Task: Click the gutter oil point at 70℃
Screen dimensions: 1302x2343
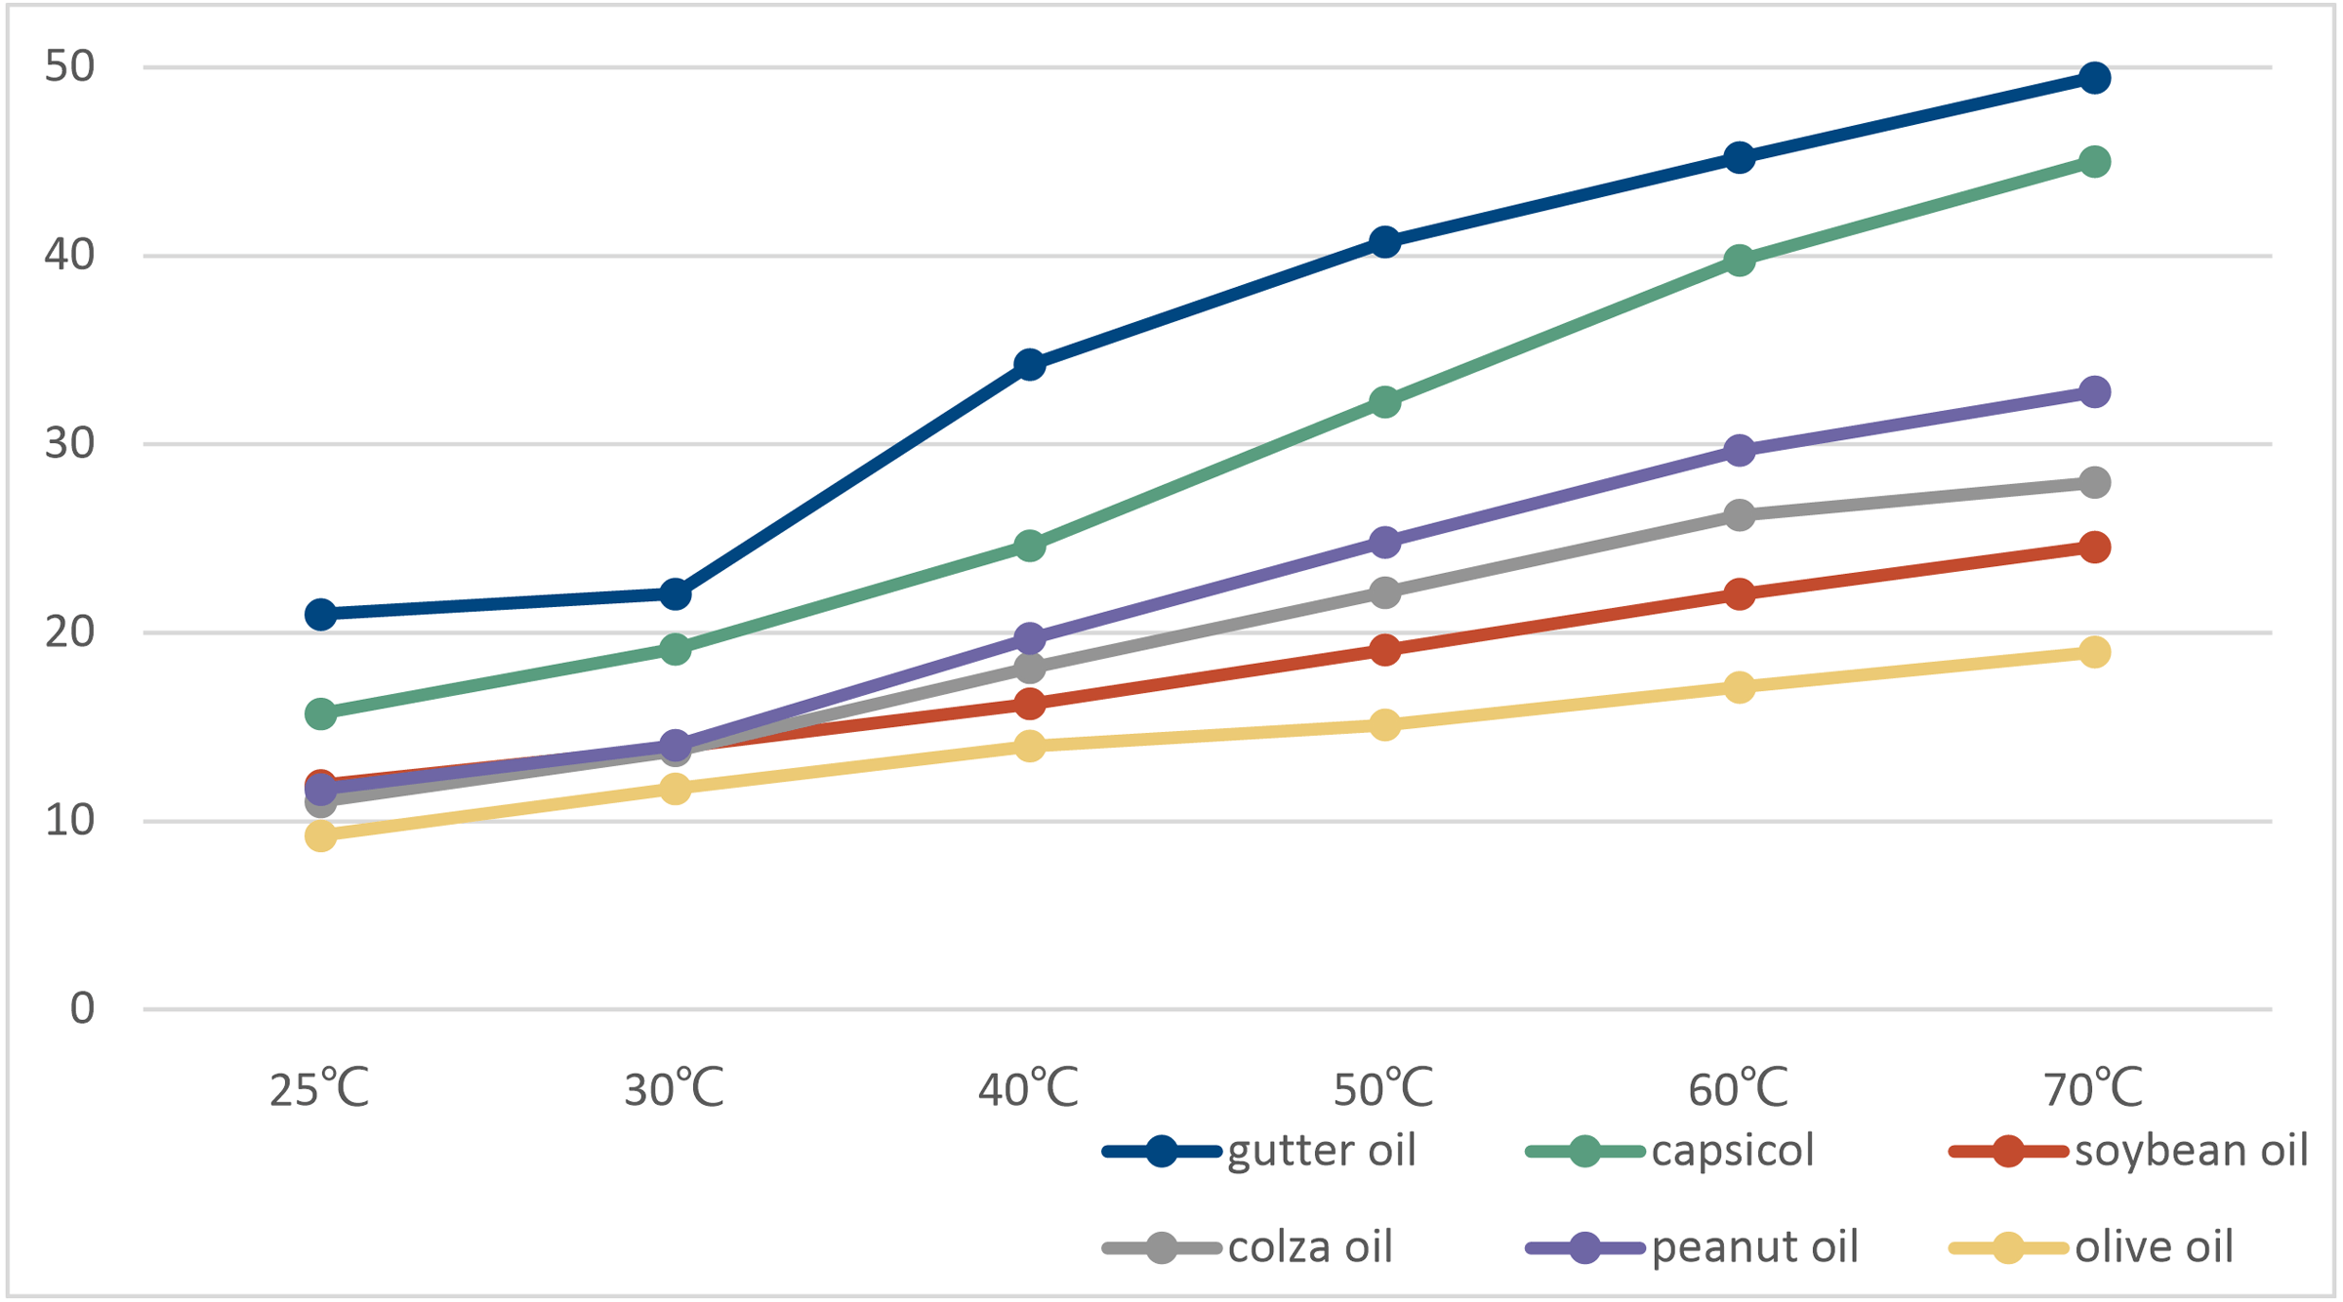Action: coord(2093,78)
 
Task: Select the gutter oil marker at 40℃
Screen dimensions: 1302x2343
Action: coord(1029,365)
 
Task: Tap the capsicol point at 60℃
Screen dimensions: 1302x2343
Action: coord(1739,261)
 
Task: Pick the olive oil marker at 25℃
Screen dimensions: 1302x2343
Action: coord(320,835)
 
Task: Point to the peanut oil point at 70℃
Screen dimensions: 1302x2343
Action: coord(2093,391)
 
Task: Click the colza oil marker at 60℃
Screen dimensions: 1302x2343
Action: coord(1739,514)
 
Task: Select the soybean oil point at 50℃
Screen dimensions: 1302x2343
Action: coord(1384,649)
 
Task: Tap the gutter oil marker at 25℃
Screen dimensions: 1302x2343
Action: coord(320,614)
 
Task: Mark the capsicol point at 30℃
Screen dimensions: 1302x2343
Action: coord(675,648)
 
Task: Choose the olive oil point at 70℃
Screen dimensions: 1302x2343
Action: coord(2093,652)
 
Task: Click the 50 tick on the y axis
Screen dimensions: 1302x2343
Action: coord(70,66)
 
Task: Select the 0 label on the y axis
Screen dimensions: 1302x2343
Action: coord(82,1008)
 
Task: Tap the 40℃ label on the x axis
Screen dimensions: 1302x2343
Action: coord(1028,1088)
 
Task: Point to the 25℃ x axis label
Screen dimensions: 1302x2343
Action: coord(319,1088)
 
